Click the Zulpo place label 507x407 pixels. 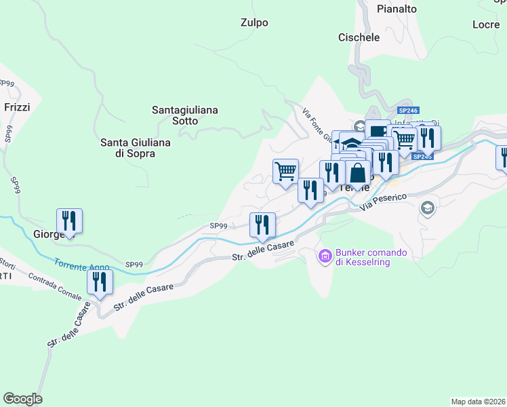254,22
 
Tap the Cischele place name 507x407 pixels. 359,37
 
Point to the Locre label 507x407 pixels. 485,24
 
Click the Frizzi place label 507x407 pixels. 17,107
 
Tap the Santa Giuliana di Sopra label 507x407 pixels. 136,148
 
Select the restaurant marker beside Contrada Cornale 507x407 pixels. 100,282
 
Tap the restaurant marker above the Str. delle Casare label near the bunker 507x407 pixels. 262,225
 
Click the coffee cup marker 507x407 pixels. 377,130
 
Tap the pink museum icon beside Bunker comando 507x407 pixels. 324,256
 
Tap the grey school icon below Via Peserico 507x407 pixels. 427,208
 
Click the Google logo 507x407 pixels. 22,399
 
